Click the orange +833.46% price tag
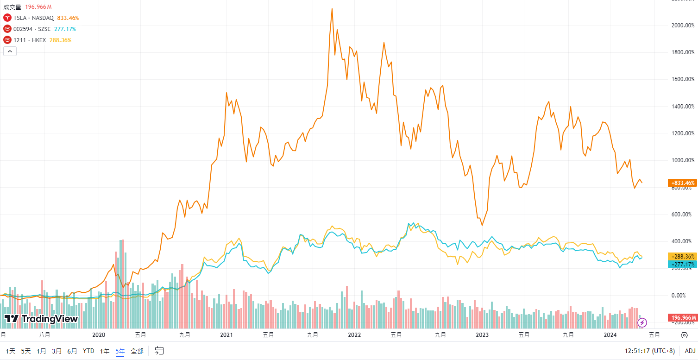(x=683, y=183)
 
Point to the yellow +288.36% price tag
(x=683, y=256)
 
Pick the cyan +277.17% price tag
(x=683, y=264)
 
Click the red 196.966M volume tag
(x=682, y=317)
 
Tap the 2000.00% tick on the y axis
(x=682, y=25)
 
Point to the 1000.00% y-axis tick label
(x=682, y=160)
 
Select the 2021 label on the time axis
(x=226, y=335)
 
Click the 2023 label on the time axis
(x=483, y=335)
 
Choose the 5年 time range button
(x=120, y=351)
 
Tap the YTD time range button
(x=88, y=351)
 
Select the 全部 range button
(x=137, y=351)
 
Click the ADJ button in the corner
(x=690, y=351)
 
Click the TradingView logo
(x=41, y=319)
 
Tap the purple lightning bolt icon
(x=642, y=322)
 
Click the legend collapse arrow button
(x=10, y=51)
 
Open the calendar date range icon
(x=159, y=351)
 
